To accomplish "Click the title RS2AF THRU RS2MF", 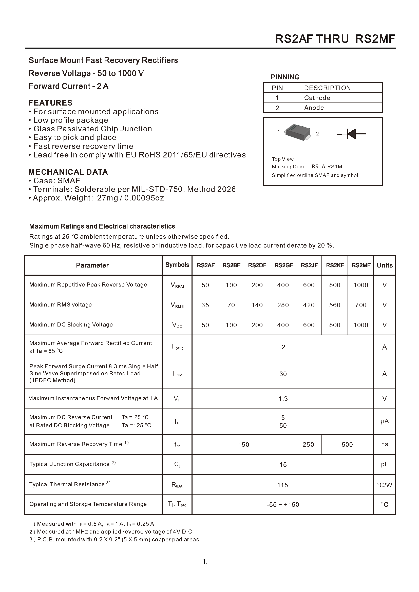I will [x=335, y=39].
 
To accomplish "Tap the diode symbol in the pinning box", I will [x=351, y=134].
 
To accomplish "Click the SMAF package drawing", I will [x=297, y=132].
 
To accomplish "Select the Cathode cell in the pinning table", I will [x=317, y=98].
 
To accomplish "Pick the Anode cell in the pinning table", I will [x=314, y=108].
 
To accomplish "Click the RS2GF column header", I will [x=283, y=265].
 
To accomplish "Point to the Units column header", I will [x=385, y=265].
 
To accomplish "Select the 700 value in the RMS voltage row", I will [x=360, y=305].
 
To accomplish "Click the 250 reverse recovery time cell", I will [x=308, y=445].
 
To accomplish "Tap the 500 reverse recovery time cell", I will [x=347, y=445].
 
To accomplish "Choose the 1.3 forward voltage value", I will [x=283, y=399].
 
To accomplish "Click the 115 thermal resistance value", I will [x=282, y=485].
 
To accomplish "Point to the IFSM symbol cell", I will [x=177, y=374].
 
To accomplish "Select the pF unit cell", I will [x=385, y=464].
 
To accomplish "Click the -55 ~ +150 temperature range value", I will [x=283, y=505].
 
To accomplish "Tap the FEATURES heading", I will [x=51, y=103].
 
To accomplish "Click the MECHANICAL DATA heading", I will [x=68, y=172].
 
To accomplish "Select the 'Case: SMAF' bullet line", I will [x=56, y=180].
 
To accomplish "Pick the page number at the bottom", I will [x=205, y=562].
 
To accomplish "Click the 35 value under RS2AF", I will [x=205, y=305].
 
